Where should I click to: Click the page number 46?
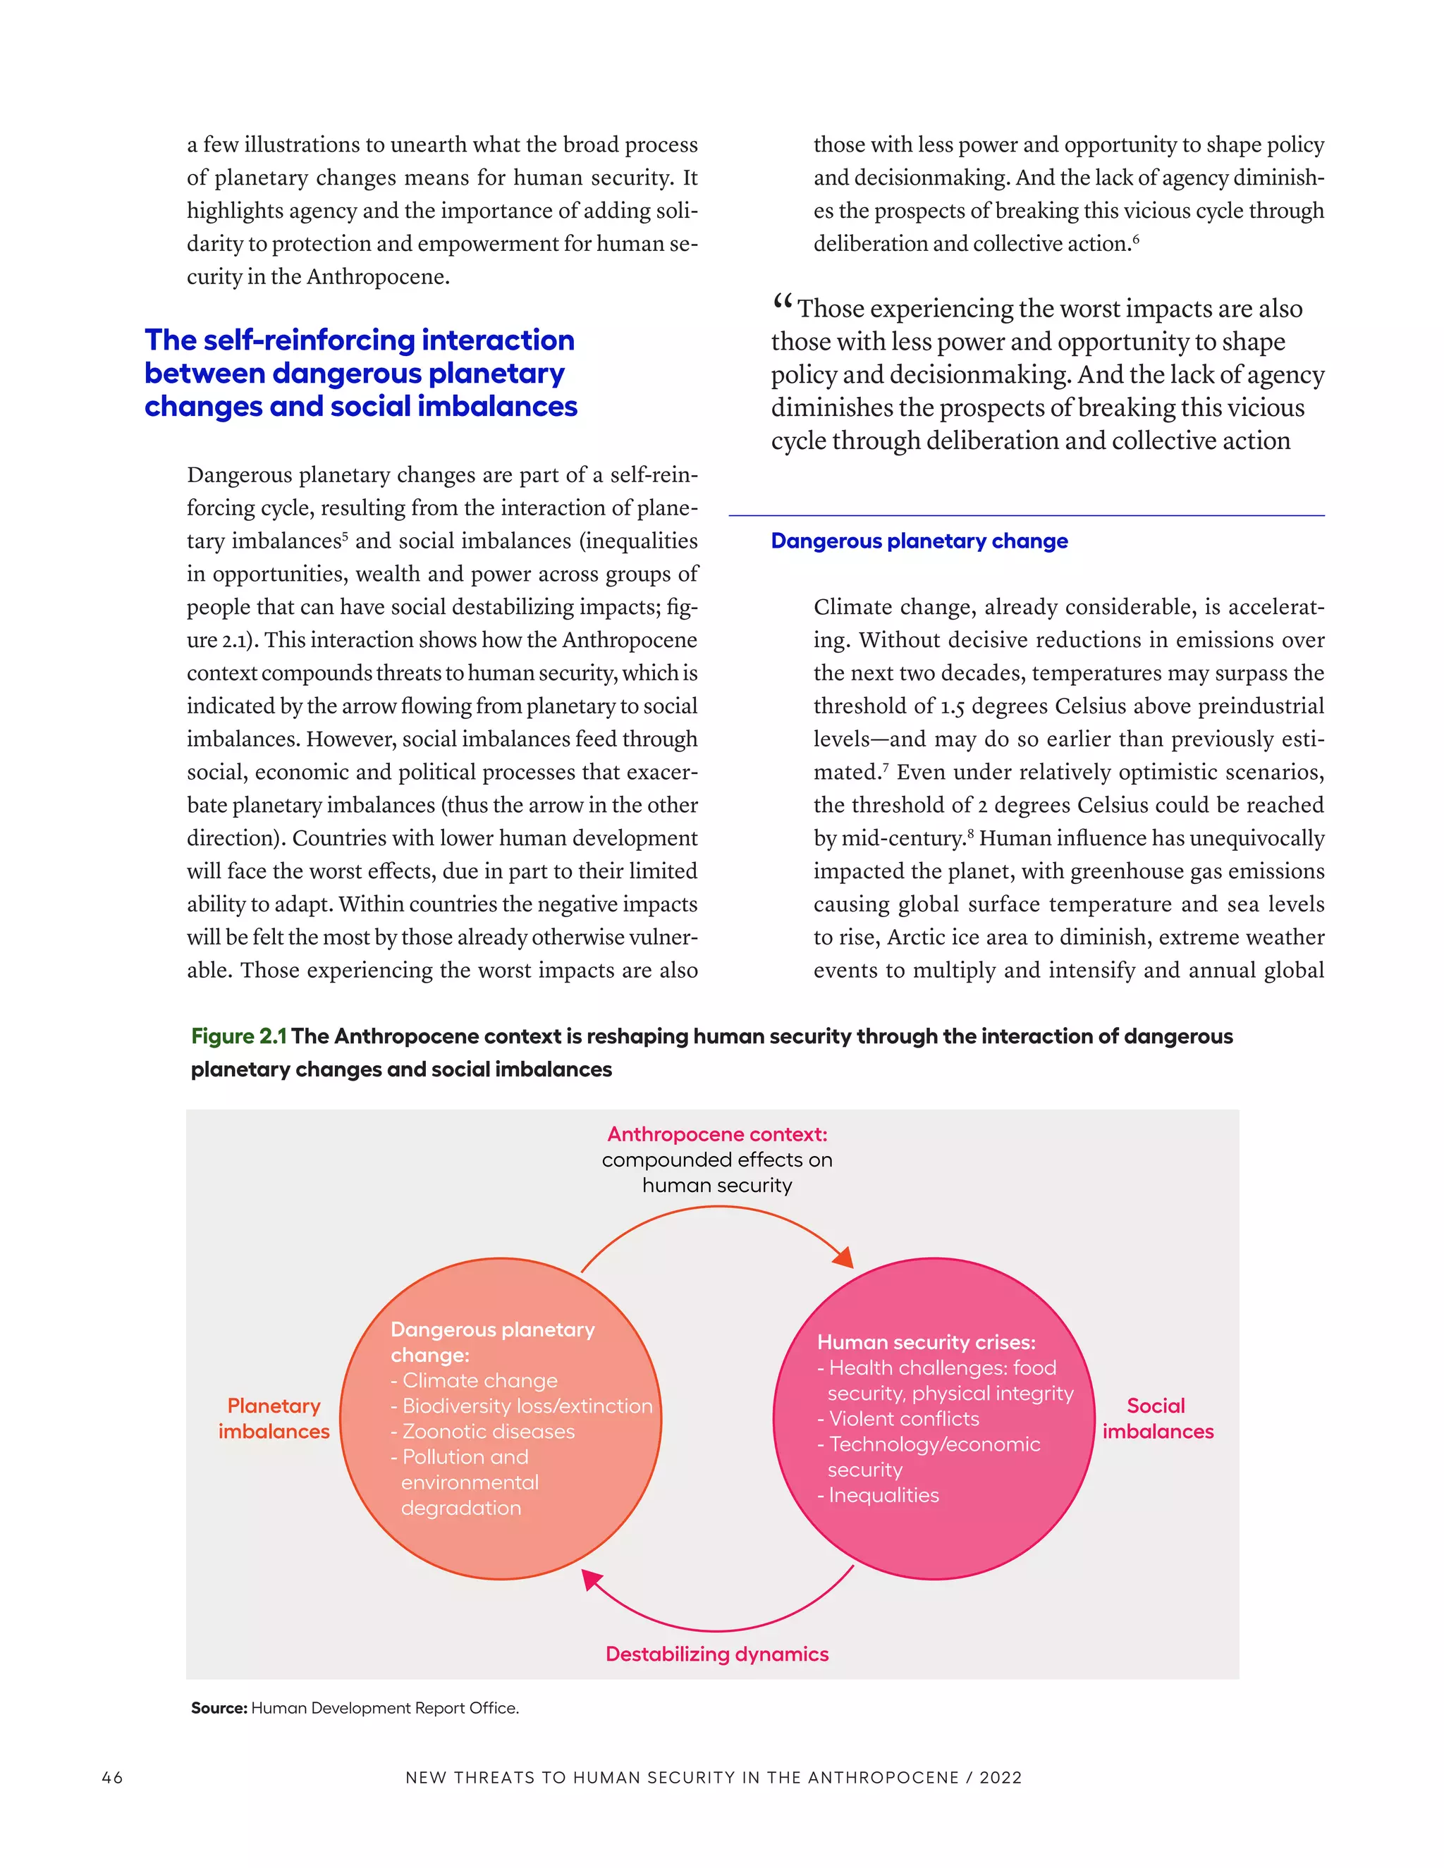coord(112,1777)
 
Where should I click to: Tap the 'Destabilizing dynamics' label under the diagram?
coord(717,1653)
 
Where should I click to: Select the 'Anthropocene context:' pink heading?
coord(717,1134)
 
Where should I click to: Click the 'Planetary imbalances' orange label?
coord(274,1418)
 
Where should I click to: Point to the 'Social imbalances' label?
coord(1158,1418)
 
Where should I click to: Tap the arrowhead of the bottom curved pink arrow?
coord(590,1580)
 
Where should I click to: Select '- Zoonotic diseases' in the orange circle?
coord(482,1431)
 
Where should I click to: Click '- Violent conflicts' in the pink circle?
coord(898,1418)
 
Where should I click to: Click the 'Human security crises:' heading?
coord(926,1342)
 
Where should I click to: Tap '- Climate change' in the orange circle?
coord(474,1380)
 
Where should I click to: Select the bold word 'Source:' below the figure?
coord(219,1708)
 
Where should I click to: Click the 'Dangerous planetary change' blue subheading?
coord(919,541)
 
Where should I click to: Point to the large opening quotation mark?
coord(781,301)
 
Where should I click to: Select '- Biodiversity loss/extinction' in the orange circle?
coord(521,1406)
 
